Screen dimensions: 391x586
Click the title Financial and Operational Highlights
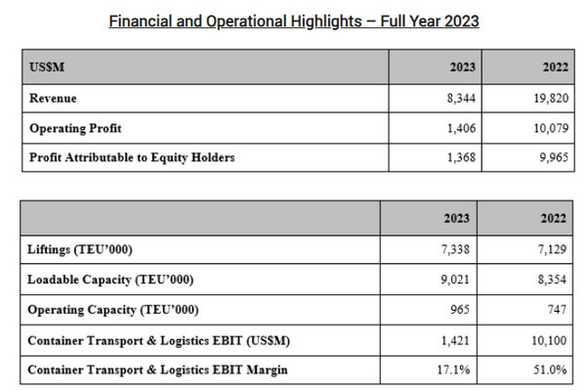pyautogui.click(x=293, y=21)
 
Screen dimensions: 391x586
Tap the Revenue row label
pyautogui.click(x=53, y=99)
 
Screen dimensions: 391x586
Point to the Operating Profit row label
pyautogui.click(x=76, y=128)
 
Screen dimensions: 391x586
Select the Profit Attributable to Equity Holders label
pyautogui.click(x=132, y=156)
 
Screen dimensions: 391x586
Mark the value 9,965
pyautogui.click(x=550, y=156)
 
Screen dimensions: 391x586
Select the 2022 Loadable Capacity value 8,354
pyautogui.click(x=550, y=281)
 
